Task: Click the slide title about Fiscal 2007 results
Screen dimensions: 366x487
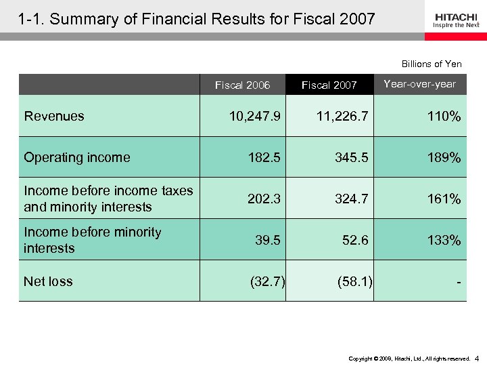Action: click(197, 19)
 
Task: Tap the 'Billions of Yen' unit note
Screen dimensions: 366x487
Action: click(432, 64)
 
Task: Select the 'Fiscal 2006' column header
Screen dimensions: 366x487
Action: click(242, 85)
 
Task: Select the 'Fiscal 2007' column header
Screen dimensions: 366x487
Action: click(329, 85)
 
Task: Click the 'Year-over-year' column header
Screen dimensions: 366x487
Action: click(419, 84)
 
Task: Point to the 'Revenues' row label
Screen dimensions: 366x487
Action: click(54, 116)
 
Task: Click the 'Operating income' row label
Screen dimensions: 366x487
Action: click(76, 157)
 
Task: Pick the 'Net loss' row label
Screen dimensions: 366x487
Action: click(48, 281)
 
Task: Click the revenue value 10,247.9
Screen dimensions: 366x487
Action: click(255, 117)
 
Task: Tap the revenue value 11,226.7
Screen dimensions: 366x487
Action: click(343, 117)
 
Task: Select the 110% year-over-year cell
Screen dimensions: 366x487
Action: click(444, 117)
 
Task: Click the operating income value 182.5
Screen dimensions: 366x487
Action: click(264, 158)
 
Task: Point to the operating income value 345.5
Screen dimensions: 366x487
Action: click(351, 158)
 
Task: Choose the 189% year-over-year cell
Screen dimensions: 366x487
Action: click(444, 158)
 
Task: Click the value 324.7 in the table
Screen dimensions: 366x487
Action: click(351, 199)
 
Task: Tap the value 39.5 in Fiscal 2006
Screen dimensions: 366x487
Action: click(267, 241)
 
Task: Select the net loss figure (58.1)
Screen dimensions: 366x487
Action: click(354, 281)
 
